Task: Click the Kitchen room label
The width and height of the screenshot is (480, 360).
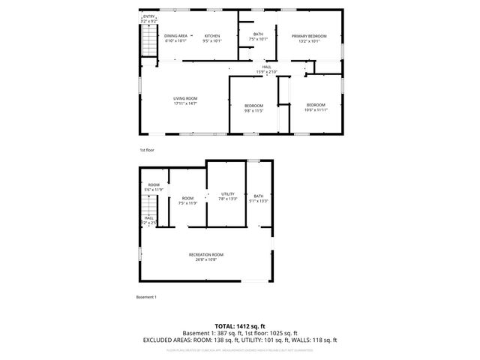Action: (212, 38)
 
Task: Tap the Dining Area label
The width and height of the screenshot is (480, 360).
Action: (176, 38)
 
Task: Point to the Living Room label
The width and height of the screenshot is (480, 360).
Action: (185, 100)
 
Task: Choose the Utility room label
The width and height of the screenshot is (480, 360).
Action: (227, 197)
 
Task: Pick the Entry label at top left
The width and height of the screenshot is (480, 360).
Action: (148, 18)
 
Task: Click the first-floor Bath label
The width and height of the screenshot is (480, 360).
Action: (258, 36)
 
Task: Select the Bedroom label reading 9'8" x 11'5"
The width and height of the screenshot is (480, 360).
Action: (253, 108)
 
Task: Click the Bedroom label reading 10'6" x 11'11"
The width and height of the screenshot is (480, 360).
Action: (316, 106)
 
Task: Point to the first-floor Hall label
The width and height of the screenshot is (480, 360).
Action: (267, 69)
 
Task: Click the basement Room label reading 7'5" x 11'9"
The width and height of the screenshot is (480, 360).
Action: (187, 200)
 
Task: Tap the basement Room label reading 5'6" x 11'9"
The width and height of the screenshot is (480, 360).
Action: (153, 187)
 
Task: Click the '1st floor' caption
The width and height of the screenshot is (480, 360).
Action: (146, 150)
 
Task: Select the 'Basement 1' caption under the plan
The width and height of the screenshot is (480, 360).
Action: (146, 298)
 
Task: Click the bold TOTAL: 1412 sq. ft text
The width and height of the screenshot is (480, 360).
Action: (240, 325)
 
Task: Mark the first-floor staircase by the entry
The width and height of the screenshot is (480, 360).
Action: (146, 41)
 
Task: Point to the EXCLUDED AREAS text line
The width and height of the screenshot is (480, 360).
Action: (240, 340)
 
